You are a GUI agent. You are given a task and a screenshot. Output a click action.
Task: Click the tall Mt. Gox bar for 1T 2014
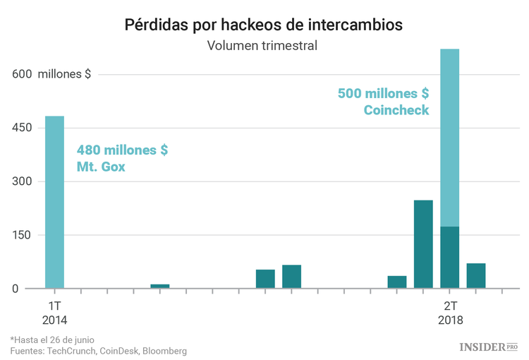tap(54, 202)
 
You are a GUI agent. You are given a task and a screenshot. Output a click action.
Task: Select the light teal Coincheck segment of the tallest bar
tap(449, 138)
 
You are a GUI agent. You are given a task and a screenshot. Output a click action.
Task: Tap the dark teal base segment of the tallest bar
tap(449, 258)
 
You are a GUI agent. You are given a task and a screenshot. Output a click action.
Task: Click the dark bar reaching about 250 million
tap(423, 244)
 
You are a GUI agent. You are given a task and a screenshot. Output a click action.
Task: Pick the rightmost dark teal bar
tap(476, 276)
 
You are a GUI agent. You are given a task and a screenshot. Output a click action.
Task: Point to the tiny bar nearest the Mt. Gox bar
tap(160, 286)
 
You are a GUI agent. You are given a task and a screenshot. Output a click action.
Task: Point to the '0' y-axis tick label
tap(14, 289)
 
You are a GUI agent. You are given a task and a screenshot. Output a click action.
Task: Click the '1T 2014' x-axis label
tap(54, 313)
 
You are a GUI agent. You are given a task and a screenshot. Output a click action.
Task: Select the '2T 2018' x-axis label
tap(450, 313)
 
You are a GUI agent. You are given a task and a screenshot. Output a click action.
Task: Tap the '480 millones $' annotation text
tap(122, 150)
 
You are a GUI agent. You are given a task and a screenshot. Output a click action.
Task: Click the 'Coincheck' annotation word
tap(396, 110)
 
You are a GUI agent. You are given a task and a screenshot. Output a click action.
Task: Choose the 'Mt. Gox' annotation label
tap(101, 168)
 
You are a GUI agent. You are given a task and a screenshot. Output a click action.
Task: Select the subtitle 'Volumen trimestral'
tap(262, 47)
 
